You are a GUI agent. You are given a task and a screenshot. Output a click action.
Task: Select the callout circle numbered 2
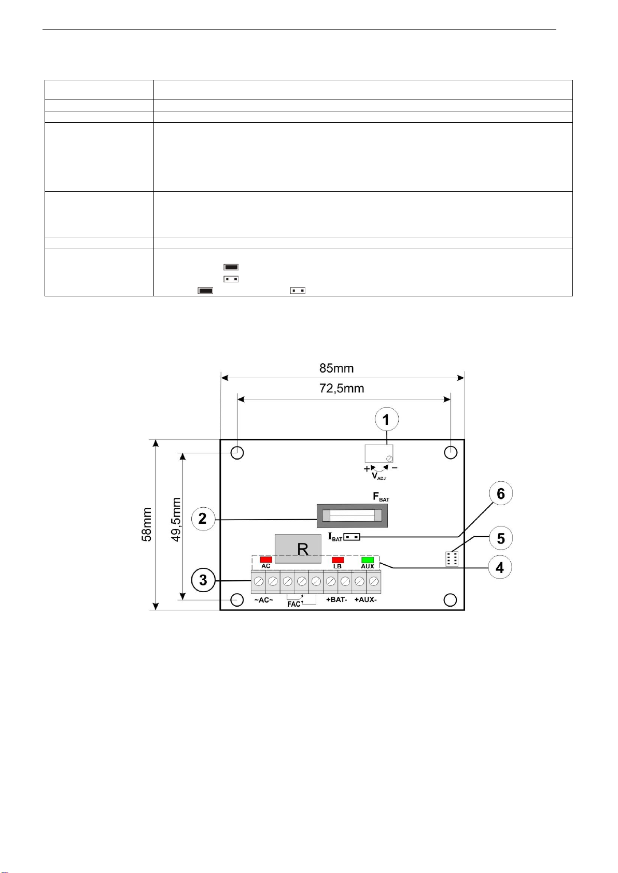[203, 519]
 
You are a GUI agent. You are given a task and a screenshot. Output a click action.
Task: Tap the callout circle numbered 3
[203, 580]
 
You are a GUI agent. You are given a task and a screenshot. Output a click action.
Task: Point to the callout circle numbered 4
[500, 567]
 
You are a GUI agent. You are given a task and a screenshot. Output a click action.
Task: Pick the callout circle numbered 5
[501, 538]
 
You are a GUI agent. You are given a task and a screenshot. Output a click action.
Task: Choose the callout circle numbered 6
[501, 493]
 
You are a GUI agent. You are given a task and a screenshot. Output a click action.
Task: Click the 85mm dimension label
[336, 368]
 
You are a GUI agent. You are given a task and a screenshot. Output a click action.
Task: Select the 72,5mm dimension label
[342, 389]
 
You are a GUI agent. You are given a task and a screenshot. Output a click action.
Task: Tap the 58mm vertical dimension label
[147, 525]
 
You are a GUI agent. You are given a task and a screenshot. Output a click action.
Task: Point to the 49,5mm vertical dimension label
[176, 520]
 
